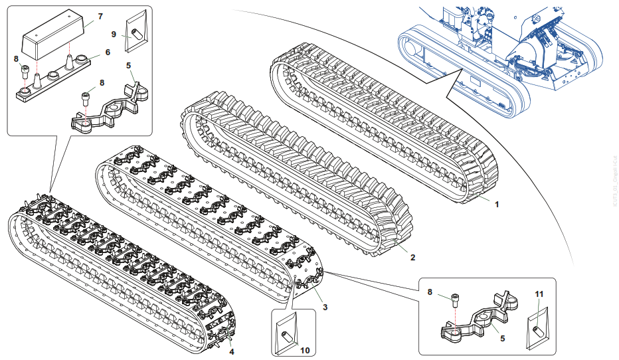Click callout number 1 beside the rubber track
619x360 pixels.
pyautogui.click(x=495, y=205)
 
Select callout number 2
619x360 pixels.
pyautogui.click(x=412, y=257)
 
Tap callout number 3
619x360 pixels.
pyautogui.click(x=325, y=307)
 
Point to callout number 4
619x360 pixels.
pyautogui.click(x=231, y=351)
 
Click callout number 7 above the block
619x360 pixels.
pyautogui.click(x=100, y=15)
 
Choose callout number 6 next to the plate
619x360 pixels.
pyautogui.click(x=108, y=52)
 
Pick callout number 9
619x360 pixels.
pyautogui.click(x=114, y=33)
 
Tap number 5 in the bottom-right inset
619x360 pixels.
pyautogui.click(x=502, y=339)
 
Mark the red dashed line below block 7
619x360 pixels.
pyautogui.click(x=69, y=51)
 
